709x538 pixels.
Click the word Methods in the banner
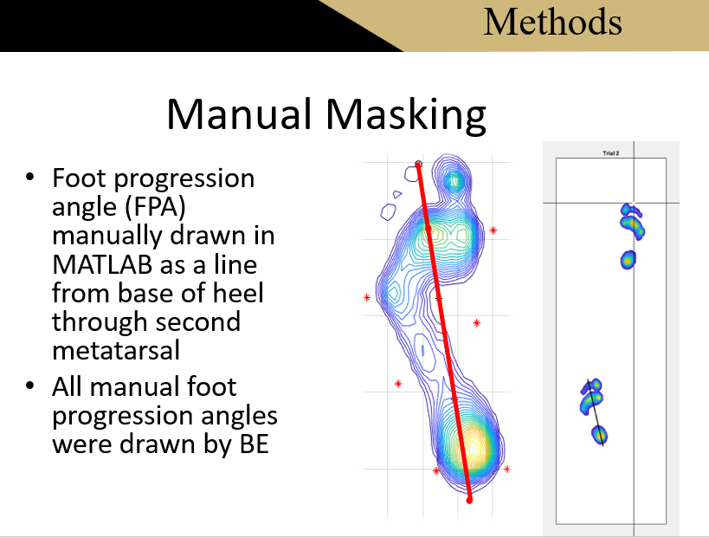click(552, 23)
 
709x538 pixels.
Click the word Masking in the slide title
click(406, 115)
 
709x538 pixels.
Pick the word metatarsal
click(116, 350)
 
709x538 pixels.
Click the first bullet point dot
click(29, 177)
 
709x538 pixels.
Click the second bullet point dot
click(29, 386)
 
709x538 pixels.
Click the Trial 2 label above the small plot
click(611, 153)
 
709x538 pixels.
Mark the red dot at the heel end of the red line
click(469, 500)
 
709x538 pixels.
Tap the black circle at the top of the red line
click(418, 164)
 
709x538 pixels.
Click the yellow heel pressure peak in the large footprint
click(474, 447)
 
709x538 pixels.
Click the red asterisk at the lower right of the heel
click(507, 469)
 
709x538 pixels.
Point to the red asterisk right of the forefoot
click(493, 230)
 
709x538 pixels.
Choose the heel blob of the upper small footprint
click(628, 260)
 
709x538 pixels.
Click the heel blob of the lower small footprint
click(600, 435)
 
